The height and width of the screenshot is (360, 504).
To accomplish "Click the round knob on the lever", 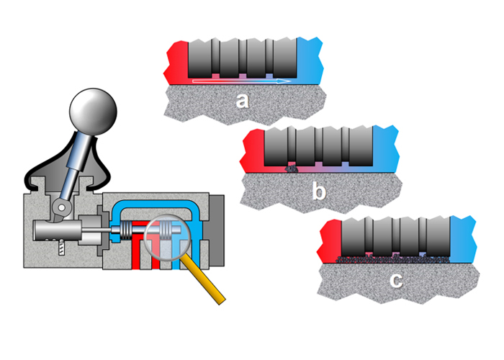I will [92, 112].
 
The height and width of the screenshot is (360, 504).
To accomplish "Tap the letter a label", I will [243, 101].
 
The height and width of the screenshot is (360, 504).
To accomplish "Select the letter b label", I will [319, 192].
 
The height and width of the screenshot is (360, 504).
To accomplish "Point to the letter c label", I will [396, 280].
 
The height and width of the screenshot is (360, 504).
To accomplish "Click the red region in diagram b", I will [254, 150].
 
